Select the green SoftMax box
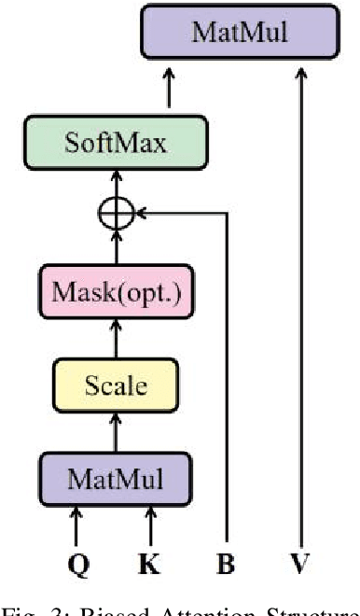click(x=115, y=144)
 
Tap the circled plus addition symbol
click(x=116, y=215)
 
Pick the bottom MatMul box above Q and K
click(x=116, y=481)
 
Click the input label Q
click(x=78, y=564)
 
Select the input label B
click(x=226, y=564)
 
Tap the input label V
click(x=299, y=564)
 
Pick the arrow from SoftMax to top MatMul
click(x=170, y=91)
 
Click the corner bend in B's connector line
click(x=226, y=215)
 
